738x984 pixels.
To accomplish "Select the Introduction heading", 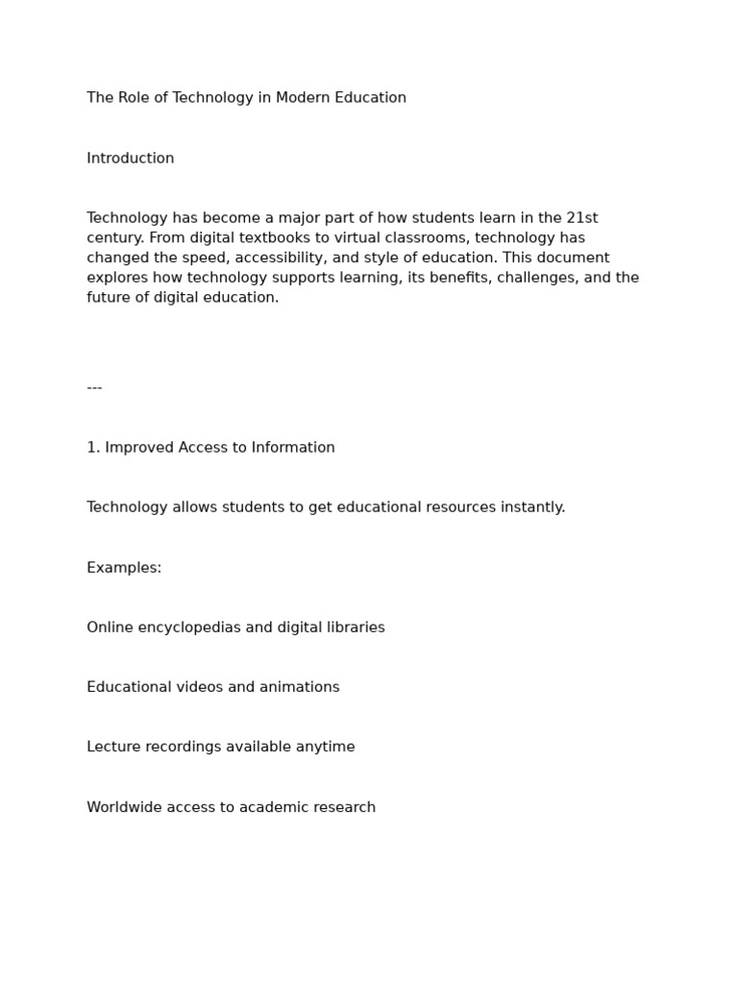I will [131, 159].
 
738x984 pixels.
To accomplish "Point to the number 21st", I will [582, 218].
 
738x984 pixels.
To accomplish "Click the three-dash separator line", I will [94, 387].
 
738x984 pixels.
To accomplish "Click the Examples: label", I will [124, 568].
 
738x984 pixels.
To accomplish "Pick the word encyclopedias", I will [185, 627].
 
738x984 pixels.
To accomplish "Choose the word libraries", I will [353, 627].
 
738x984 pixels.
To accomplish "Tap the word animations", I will [300, 687].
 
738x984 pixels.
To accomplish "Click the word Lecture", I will [112, 747].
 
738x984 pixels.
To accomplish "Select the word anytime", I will [325, 748].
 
